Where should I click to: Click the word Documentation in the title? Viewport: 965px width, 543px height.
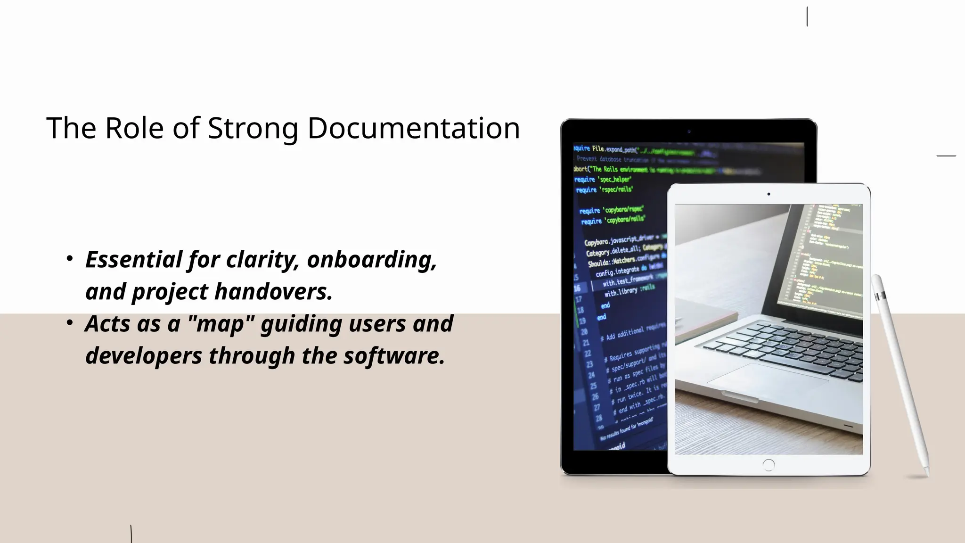click(413, 128)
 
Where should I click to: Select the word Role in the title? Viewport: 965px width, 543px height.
click(134, 128)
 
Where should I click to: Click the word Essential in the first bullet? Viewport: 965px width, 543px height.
click(133, 260)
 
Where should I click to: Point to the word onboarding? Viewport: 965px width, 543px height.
click(372, 260)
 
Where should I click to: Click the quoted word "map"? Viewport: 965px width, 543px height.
click(220, 324)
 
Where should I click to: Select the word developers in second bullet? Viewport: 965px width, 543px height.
click(143, 356)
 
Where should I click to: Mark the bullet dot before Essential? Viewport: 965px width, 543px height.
click(70, 259)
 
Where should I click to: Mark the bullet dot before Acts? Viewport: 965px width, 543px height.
click(70, 323)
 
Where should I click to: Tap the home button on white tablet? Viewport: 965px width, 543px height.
click(769, 465)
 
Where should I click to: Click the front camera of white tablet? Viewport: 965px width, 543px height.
click(769, 194)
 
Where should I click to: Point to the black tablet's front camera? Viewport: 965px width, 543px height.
click(689, 132)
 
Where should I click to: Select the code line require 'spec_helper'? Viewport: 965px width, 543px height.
click(603, 180)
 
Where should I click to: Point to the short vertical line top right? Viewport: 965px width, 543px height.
click(807, 17)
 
